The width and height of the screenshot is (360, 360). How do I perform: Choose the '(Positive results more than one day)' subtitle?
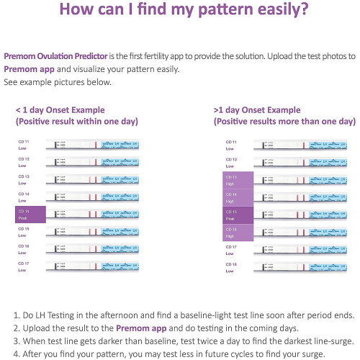point(284,122)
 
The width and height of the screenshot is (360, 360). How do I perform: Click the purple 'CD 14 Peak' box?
point(30,214)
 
